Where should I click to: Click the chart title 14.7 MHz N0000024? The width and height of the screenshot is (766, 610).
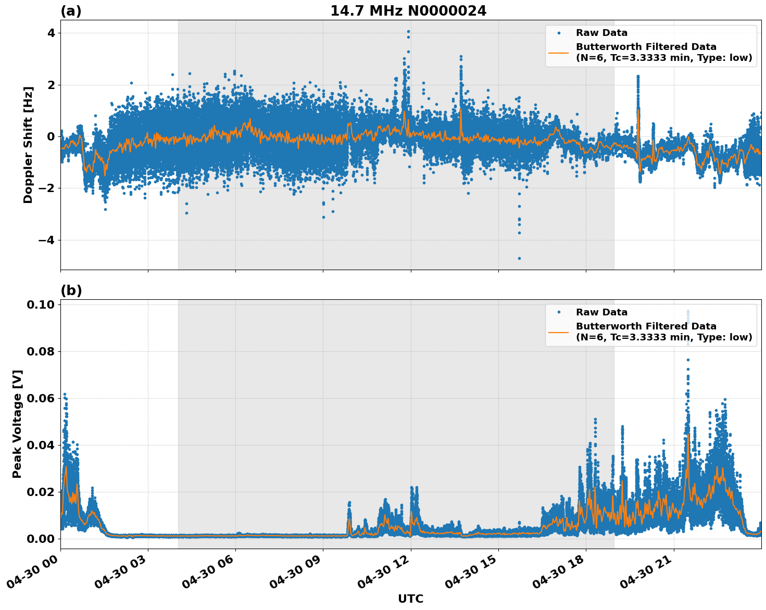408,10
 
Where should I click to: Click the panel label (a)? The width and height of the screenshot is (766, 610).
71,11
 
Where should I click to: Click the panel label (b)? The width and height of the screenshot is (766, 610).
71,290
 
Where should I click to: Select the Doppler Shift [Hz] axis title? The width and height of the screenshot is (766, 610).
28,145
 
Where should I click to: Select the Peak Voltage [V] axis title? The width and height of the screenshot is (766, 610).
17,424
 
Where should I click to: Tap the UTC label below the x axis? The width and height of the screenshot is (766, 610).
410,599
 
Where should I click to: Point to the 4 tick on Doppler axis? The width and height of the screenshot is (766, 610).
51,33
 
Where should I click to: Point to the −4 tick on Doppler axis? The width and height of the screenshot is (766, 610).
46,240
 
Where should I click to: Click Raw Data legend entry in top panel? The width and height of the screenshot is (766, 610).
601,33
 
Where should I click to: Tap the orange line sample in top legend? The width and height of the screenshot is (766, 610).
559,52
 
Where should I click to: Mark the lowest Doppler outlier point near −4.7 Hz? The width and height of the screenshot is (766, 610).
519,258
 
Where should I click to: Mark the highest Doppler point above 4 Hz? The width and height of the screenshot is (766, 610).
408,31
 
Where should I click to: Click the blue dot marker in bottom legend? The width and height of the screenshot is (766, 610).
559,312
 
